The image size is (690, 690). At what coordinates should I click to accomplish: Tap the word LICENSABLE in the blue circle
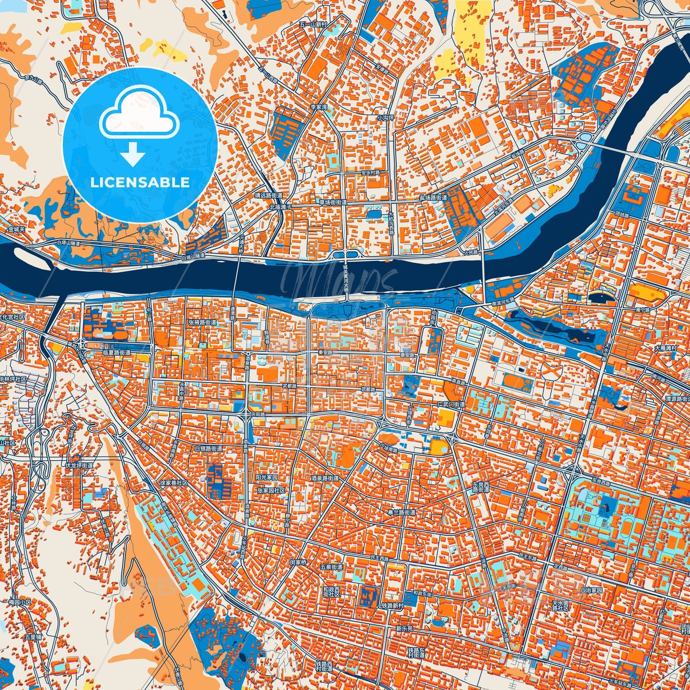[140, 182]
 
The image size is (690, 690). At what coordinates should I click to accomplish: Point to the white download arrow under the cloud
[133, 154]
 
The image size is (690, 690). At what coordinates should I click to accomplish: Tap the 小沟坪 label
[385, 117]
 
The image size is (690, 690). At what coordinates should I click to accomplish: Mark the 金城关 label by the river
[16, 230]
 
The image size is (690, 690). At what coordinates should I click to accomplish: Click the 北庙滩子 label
[281, 207]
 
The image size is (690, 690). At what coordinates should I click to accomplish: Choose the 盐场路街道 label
[433, 197]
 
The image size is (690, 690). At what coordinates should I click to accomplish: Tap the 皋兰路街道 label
[401, 512]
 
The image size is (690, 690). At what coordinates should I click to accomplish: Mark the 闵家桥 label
[298, 562]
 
